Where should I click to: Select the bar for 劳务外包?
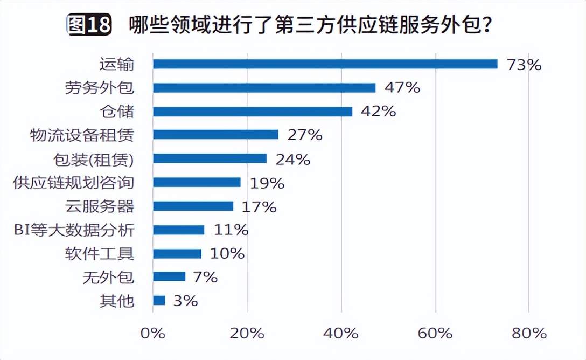click(264, 88)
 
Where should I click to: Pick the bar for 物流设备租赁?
click(215, 135)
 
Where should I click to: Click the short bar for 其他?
click(159, 301)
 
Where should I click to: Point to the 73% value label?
click(523, 65)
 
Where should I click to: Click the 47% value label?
click(402, 88)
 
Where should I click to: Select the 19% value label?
click(267, 183)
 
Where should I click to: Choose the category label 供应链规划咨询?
click(73, 183)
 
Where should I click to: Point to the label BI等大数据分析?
click(73, 230)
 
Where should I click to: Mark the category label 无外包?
click(108, 278)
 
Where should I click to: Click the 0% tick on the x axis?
click(152, 333)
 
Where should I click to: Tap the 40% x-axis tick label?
click(341, 333)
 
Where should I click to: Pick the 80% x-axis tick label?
click(529, 333)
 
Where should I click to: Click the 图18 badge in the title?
click(89, 25)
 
